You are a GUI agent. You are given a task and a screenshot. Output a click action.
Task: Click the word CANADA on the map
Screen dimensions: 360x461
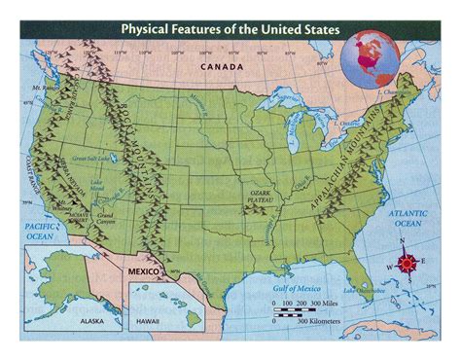click(220, 66)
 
